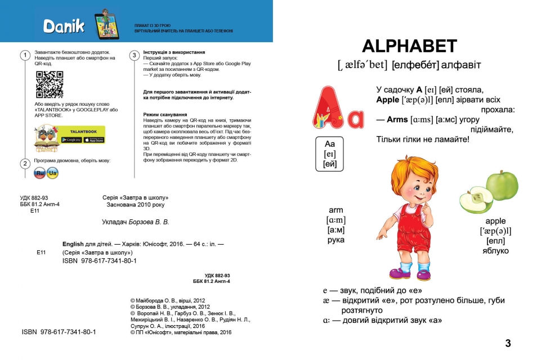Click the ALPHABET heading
point(409,47)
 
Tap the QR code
point(50,85)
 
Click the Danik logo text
point(64,25)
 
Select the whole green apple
point(502,186)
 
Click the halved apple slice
point(476,201)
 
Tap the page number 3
point(508,343)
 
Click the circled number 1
point(25,55)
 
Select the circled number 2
point(25,164)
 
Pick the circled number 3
point(134,55)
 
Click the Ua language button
point(53,174)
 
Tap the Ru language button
point(40,174)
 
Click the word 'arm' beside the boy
point(336,210)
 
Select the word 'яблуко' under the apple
point(495,251)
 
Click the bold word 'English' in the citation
point(73,244)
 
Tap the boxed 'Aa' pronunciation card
point(329,154)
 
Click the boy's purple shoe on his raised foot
point(399,273)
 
